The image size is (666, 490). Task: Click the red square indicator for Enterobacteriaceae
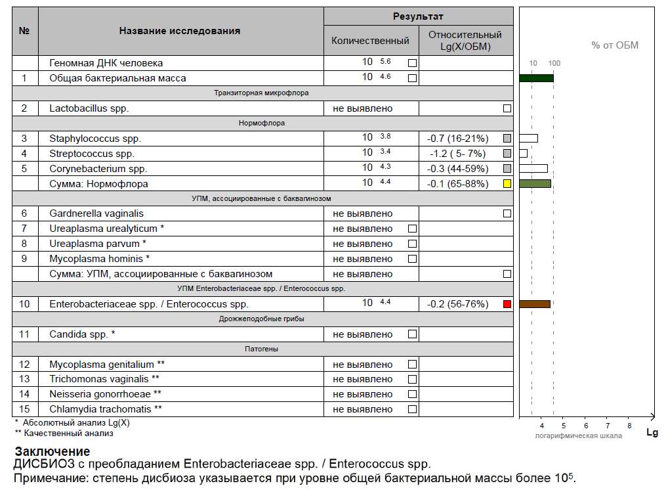pos(507,304)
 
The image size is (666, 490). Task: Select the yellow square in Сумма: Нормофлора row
pos(507,184)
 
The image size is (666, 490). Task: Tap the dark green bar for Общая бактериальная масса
pos(536,78)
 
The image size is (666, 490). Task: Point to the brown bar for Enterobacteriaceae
pos(534,304)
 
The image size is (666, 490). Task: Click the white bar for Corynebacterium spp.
pos(533,168)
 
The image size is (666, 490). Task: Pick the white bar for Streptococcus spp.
pos(523,154)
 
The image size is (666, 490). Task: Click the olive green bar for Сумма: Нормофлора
pos(535,184)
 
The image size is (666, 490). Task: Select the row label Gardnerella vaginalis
pos(96,213)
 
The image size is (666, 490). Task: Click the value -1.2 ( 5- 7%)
pos(457,154)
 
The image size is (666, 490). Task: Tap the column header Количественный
pos(370,41)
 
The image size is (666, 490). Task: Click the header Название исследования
pos(180,31)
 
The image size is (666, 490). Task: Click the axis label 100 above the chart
pos(554,63)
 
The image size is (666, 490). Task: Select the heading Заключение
pos(52,452)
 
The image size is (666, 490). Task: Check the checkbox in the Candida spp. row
pos(412,334)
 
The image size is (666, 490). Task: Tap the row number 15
pos(25,409)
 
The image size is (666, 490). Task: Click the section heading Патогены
pos(262,349)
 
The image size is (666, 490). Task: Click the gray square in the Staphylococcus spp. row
pos(507,139)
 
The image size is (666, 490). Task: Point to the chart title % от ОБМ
pos(615,45)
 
